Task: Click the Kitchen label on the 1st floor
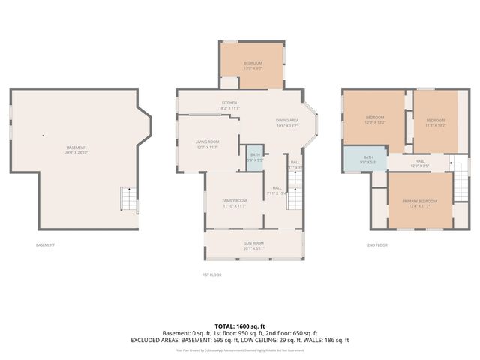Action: (x=229, y=106)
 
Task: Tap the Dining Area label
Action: (x=288, y=123)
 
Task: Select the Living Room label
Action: (x=208, y=145)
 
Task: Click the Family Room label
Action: (x=234, y=203)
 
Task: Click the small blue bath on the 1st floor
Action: (x=256, y=158)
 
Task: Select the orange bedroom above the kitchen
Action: (x=251, y=66)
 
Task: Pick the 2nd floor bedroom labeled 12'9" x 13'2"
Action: (x=375, y=120)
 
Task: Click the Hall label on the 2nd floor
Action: (x=420, y=163)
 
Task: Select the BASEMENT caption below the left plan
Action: (x=45, y=245)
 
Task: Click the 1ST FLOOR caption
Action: (x=211, y=275)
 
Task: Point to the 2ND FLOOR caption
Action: (x=377, y=245)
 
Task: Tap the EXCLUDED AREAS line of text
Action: (x=240, y=340)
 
